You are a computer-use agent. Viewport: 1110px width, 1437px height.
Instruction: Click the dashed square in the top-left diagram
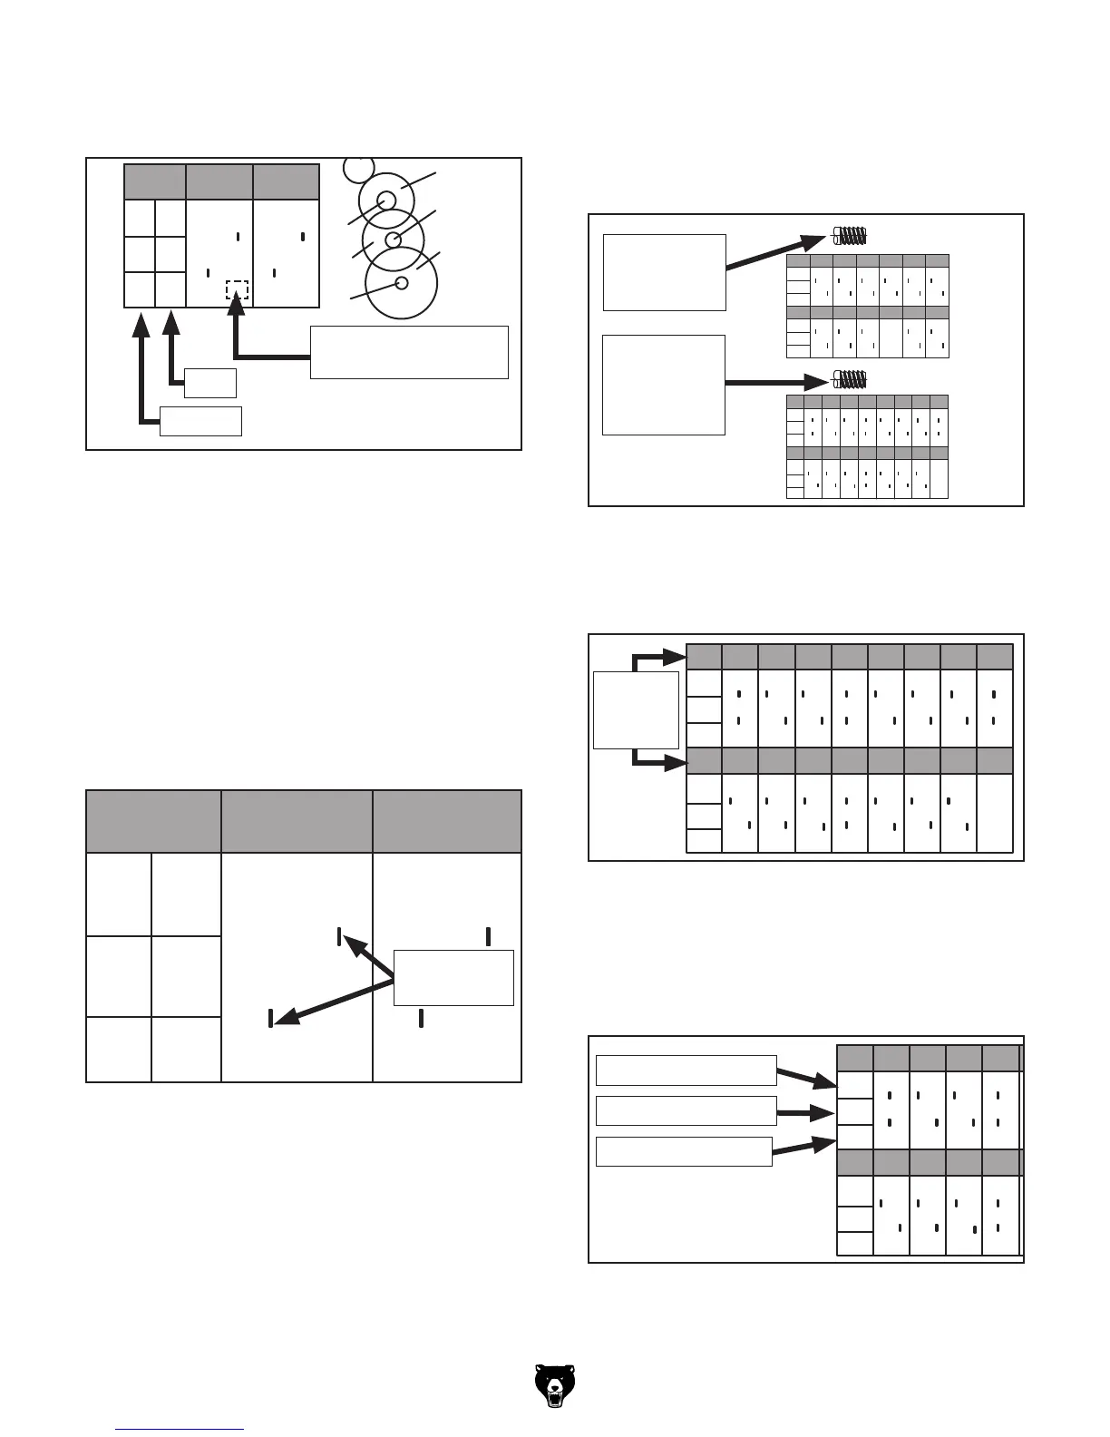[x=237, y=290]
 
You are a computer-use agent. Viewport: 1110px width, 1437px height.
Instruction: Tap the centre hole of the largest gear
[x=403, y=283]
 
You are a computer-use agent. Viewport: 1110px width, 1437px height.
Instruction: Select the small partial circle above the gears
[x=360, y=167]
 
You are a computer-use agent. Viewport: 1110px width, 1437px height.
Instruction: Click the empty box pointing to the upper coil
[x=665, y=272]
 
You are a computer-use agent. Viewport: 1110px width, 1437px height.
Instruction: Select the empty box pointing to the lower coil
[x=664, y=385]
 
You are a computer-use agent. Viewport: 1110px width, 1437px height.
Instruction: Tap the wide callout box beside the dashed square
[x=409, y=352]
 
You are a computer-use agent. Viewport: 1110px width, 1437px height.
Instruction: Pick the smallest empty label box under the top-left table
[x=210, y=383]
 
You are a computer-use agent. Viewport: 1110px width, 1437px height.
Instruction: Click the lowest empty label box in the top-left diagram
[x=200, y=421]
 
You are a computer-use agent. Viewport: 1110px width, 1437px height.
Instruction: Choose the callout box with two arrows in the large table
[x=453, y=977]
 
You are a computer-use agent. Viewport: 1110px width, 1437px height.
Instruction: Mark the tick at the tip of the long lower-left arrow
[x=271, y=1018]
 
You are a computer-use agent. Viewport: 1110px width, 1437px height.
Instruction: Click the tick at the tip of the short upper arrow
[x=339, y=937]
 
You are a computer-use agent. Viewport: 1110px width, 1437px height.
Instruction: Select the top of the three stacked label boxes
[x=686, y=1070]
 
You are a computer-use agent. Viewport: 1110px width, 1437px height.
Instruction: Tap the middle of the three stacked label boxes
[x=686, y=1110]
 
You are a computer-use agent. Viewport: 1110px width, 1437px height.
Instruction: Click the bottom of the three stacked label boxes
[x=684, y=1151]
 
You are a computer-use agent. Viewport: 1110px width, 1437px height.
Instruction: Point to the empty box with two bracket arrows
[x=636, y=709]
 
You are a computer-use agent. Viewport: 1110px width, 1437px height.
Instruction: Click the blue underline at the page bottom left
[x=180, y=1430]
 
